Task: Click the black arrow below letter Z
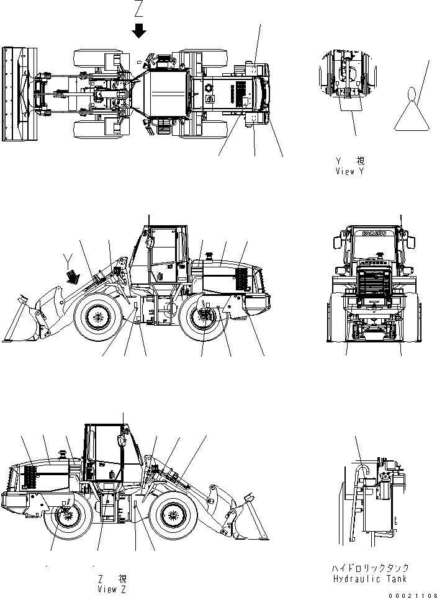(140, 30)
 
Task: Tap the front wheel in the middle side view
(97, 318)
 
